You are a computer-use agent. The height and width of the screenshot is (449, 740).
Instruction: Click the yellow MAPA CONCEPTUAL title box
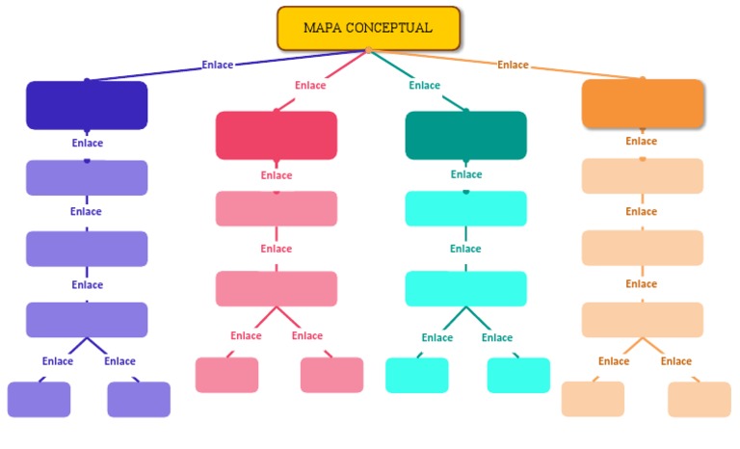(x=368, y=28)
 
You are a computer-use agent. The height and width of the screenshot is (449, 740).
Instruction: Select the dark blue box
(x=87, y=105)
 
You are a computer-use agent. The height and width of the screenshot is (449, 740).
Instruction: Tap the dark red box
(x=277, y=135)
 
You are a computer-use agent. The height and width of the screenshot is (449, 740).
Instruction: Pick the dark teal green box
(x=465, y=135)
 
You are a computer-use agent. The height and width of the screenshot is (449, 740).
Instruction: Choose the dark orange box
(x=643, y=103)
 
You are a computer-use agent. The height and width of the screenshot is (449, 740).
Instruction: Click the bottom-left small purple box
(x=39, y=399)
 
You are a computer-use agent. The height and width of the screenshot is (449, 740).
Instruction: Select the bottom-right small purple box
(x=139, y=399)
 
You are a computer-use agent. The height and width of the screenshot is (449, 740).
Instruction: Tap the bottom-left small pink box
(x=226, y=375)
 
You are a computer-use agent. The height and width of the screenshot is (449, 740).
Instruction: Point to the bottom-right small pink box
(x=331, y=375)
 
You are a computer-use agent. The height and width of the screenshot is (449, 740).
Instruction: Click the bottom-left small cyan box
(x=417, y=375)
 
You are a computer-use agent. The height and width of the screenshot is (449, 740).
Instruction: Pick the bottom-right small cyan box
(x=518, y=375)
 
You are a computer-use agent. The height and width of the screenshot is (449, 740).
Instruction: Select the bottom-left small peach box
(x=593, y=399)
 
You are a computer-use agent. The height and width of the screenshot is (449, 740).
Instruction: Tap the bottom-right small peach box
(x=700, y=399)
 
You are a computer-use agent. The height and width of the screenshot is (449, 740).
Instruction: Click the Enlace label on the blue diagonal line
(x=218, y=65)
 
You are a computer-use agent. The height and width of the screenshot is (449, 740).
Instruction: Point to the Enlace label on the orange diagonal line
(x=513, y=65)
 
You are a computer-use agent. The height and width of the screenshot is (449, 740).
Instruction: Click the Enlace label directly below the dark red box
(x=277, y=175)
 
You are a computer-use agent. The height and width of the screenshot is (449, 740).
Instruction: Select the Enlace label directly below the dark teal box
(x=466, y=174)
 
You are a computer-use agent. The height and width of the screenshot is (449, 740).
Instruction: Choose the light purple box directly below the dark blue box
(x=87, y=177)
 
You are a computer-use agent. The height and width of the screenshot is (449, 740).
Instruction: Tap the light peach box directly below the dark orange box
(x=643, y=176)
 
